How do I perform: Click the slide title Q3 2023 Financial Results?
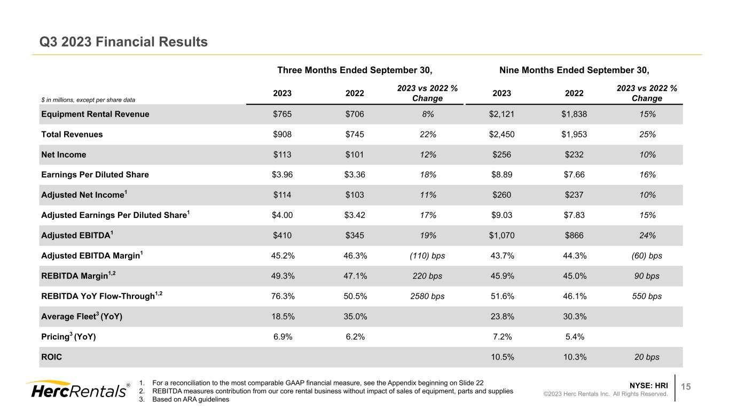pos(123,41)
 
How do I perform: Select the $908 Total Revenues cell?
pos(282,135)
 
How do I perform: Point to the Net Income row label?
pos(64,154)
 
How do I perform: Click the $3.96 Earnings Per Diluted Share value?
pos(282,175)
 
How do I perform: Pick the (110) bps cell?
pos(427,255)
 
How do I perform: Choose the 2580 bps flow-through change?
pos(427,296)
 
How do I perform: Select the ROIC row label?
pos(51,357)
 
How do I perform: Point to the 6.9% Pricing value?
pos(282,337)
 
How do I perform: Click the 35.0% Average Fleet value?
pos(355,316)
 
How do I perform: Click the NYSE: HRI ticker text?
pos(649,385)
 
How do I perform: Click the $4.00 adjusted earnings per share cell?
pos(282,215)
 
